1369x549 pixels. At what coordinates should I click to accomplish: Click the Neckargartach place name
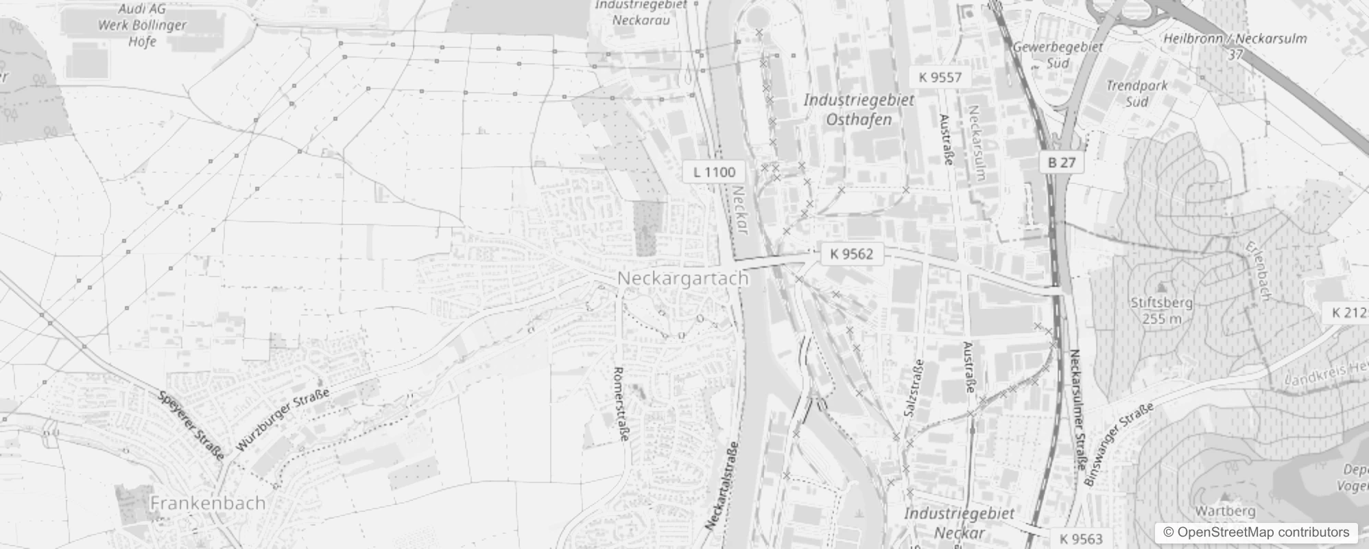[x=683, y=279]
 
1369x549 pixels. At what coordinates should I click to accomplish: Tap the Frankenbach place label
[x=207, y=503]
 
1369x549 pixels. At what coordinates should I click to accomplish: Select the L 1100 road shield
[x=713, y=172]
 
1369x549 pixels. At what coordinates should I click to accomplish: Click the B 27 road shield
[x=1062, y=163]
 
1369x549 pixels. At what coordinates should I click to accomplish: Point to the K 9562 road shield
[x=851, y=254]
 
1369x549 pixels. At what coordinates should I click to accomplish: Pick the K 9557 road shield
[x=940, y=77]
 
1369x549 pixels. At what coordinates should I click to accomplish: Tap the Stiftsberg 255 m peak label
[x=1162, y=309]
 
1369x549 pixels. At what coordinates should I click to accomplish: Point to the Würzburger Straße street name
[x=283, y=419]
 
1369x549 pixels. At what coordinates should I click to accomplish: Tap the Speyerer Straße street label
[x=191, y=425]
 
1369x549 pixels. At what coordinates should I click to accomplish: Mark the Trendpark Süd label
[x=1136, y=94]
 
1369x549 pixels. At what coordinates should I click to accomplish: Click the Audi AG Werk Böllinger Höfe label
[x=143, y=25]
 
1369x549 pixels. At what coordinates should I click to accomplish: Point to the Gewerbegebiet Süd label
[x=1058, y=55]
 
